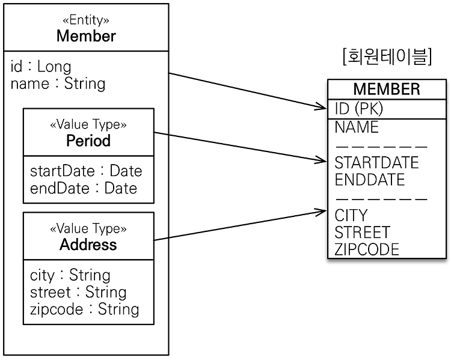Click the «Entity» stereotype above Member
click(x=86, y=20)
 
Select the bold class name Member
click(x=86, y=36)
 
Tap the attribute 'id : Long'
click(x=41, y=67)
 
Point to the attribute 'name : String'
click(x=58, y=84)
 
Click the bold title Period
click(x=88, y=140)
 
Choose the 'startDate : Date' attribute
click(x=86, y=171)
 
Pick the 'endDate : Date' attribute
click(x=84, y=188)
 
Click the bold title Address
click(x=88, y=245)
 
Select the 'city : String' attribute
click(x=70, y=275)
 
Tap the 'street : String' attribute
click(x=78, y=293)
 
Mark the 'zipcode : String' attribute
click(x=85, y=310)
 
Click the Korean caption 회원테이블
click(x=387, y=56)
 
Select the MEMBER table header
click(x=387, y=89)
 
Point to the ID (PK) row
click(x=359, y=109)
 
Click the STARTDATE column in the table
click(x=377, y=162)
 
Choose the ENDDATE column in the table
click(x=370, y=180)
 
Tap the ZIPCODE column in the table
click(x=367, y=249)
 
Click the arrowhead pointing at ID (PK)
click(x=323, y=106)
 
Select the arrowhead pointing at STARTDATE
click(x=323, y=160)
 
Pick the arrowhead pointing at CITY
click(x=323, y=212)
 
